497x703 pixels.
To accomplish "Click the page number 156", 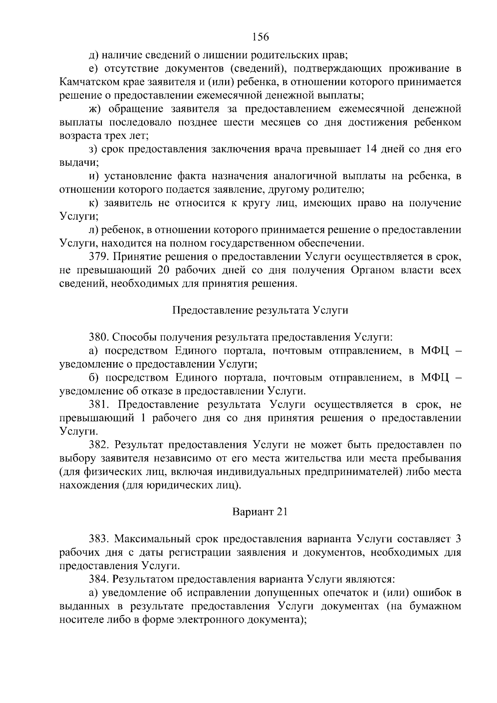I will (260, 37).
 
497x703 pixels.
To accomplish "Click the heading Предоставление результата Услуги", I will (260, 310).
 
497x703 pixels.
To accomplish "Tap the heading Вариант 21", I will (260, 512).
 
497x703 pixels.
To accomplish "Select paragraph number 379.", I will (98, 257).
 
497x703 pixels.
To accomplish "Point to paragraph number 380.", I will (98, 337).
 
